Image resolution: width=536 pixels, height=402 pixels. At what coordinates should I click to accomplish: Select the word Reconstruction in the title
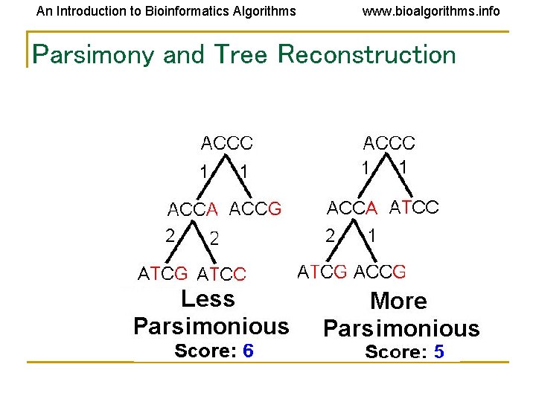point(366,54)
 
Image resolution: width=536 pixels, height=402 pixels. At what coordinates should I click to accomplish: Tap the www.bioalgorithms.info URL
point(431,11)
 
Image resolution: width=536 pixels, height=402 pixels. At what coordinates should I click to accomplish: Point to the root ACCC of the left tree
point(227,142)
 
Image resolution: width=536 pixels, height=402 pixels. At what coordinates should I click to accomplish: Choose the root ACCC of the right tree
point(389,142)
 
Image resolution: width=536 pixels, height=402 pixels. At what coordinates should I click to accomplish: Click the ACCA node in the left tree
point(193,209)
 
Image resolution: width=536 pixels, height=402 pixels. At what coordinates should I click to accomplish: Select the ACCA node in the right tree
point(354,207)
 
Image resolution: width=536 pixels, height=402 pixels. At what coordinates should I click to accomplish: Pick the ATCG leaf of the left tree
point(163,274)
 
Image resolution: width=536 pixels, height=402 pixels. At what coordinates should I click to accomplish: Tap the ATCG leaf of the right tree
point(322,271)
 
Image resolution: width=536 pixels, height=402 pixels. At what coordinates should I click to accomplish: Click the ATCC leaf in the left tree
point(221,274)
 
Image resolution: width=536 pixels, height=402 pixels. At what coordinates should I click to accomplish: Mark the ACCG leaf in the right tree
point(380,271)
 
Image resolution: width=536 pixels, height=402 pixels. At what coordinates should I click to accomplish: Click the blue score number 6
point(248,351)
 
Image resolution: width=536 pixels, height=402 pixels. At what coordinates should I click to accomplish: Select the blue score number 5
point(438,352)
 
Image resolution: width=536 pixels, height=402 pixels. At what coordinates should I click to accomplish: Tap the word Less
point(208,299)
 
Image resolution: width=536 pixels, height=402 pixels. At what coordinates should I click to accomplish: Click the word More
point(398,301)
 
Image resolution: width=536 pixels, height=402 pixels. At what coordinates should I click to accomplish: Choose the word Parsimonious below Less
point(211,326)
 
